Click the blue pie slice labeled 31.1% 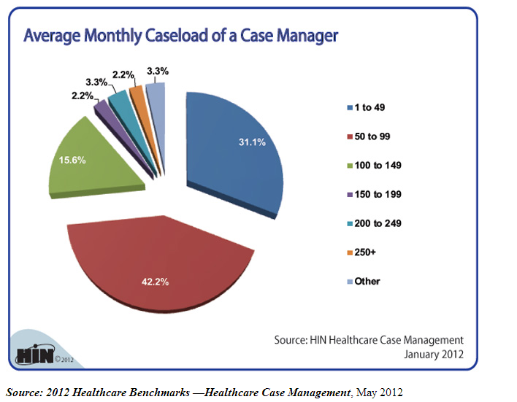pos(234,153)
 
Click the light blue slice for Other pos(155,93)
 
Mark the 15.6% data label pos(74,160)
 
